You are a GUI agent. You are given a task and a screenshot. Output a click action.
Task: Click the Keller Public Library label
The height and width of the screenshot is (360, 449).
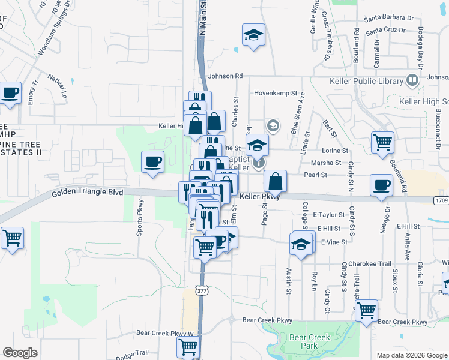tap(367, 81)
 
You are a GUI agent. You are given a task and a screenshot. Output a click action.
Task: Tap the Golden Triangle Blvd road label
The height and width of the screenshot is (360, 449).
tap(88, 193)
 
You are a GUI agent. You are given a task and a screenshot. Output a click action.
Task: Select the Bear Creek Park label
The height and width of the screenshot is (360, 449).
tap(310, 341)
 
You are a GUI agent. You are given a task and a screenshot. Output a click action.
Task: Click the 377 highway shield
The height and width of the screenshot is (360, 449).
tap(200, 290)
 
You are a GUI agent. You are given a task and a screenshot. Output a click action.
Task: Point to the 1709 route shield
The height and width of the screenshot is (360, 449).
tap(441, 200)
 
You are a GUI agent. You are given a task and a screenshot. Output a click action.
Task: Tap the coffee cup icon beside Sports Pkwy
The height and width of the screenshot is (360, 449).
tap(152, 161)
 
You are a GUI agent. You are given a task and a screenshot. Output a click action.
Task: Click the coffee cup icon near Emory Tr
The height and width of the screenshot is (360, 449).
tap(10, 94)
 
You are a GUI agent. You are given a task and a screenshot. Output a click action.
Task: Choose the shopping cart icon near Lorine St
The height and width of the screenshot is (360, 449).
tap(382, 143)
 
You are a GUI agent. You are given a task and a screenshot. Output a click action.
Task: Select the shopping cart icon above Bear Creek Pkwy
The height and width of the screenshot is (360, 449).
tap(366, 311)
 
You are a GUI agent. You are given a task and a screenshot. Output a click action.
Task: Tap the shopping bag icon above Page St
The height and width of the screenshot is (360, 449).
tap(275, 181)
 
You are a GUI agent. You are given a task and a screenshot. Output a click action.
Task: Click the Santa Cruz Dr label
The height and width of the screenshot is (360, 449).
tap(390, 30)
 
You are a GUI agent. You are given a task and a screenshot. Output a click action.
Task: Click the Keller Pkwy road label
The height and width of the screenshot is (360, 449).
tap(261, 196)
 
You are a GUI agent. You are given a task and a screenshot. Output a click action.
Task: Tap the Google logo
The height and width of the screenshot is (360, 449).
tap(20, 352)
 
